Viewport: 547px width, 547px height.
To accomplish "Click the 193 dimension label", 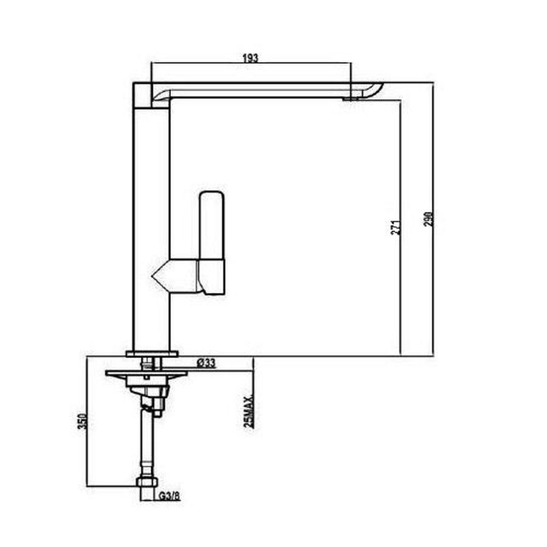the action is pyautogui.click(x=250, y=58).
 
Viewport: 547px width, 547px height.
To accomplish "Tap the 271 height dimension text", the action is pyautogui.click(x=396, y=227).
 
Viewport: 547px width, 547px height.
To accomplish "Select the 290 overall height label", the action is pyautogui.click(x=428, y=219).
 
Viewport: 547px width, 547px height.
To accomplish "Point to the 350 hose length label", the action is pyautogui.click(x=81, y=421).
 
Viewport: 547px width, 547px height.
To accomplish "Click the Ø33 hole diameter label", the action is pyautogui.click(x=206, y=363).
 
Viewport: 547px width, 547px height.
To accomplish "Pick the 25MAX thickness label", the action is pyautogui.click(x=249, y=412).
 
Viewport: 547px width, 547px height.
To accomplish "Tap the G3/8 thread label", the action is pyautogui.click(x=170, y=496).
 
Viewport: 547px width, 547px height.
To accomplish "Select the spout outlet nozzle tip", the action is pyautogui.click(x=351, y=99).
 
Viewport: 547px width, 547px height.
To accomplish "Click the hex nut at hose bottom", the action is pyautogui.click(x=147, y=483).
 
